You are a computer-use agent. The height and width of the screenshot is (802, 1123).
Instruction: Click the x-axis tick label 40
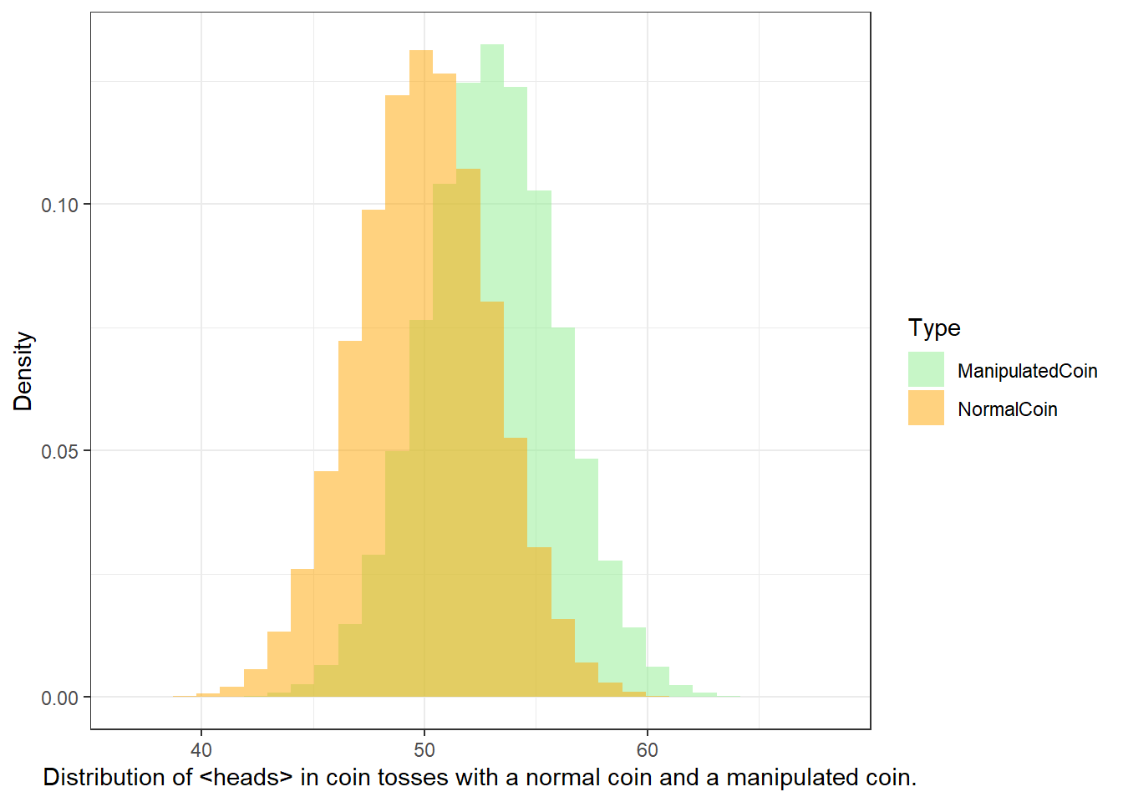pos(201,750)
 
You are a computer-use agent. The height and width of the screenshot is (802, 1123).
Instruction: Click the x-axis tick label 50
pos(424,750)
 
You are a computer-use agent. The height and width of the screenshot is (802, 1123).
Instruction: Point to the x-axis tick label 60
pos(648,750)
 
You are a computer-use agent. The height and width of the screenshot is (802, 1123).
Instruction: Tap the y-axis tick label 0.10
pos(59,206)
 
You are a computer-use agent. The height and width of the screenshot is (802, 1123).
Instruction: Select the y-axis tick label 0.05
pos(59,452)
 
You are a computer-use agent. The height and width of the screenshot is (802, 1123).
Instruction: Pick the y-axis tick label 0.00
pos(59,698)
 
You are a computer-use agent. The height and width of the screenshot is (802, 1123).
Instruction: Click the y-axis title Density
pos(23,371)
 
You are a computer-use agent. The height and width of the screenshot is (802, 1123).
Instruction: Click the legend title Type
pos(934,328)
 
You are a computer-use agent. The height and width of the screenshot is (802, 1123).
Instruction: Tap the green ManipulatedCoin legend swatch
pos(926,369)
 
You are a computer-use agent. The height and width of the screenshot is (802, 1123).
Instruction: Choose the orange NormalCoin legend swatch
pos(926,408)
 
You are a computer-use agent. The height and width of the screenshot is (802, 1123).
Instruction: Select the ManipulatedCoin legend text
pos(1027,371)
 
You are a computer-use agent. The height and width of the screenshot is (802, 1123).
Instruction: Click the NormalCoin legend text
pos(1007,409)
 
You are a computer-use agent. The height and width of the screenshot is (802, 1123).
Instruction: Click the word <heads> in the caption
pos(246,777)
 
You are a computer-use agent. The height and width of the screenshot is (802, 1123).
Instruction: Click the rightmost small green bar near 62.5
pos(705,694)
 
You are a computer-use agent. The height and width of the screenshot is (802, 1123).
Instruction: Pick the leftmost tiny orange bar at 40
pos(208,695)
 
